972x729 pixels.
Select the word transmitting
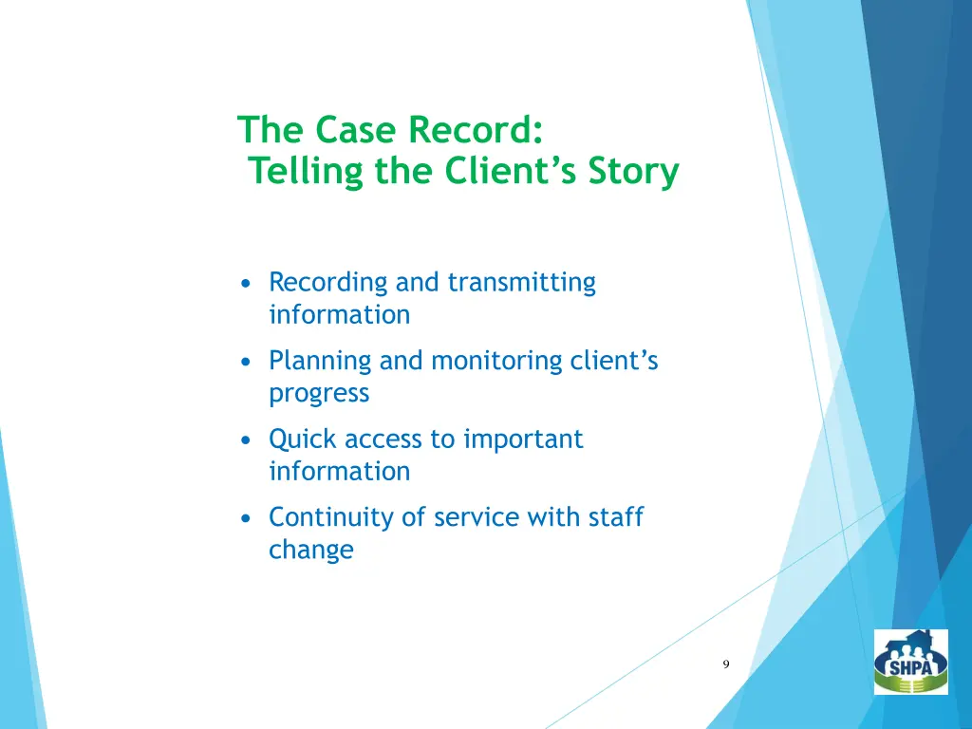[x=521, y=283]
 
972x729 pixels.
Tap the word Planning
[x=320, y=361]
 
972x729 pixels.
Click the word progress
[x=319, y=393]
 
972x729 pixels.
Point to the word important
[x=523, y=439]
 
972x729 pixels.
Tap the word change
[x=310, y=550]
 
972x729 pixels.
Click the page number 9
[x=726, y=664]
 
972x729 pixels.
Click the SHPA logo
[x=910, y=662]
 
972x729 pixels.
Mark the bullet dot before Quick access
[x=247, y=439]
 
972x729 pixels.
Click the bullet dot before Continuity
[x=247, y=518]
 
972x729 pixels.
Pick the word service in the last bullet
[x=470, y=517]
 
